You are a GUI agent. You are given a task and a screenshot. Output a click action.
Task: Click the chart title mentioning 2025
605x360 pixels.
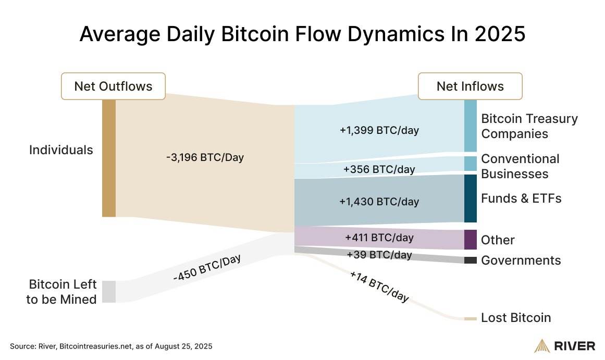[x=302, y=34]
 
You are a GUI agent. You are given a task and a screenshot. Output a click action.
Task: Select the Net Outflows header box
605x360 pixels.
[x=113, y=86]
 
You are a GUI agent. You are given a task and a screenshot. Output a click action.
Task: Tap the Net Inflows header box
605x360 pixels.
[x=470, y=86]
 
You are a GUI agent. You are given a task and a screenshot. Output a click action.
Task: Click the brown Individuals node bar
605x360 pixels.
[x=108, y=158]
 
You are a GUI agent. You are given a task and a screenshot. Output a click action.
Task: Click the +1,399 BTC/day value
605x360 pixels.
[x=379, y=130]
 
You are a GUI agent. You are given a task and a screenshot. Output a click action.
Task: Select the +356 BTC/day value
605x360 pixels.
[x=379, y=169]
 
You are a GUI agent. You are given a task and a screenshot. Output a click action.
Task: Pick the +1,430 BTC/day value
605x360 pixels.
[x=379, y=201]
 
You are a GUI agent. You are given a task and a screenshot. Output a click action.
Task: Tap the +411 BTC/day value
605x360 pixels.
[x=379, y=238]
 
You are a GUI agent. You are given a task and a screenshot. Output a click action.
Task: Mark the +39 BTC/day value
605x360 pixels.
[x=379, y=255]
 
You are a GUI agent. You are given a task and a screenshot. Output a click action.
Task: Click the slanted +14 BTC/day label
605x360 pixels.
[x=379, y=287]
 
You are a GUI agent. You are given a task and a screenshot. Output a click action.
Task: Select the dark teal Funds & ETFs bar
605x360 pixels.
[x=471, y=198]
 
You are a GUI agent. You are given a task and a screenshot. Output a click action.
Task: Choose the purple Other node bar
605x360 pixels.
[x=471, y=240]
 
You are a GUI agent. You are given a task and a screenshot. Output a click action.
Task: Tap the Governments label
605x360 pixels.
[x=521, y=260]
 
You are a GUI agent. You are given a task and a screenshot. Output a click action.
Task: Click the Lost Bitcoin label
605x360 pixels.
[x=515, y=318]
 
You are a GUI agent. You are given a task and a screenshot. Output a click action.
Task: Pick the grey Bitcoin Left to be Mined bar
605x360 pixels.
[x=108, y=291]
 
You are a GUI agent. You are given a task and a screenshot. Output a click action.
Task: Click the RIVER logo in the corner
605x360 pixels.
[x=565, y=346]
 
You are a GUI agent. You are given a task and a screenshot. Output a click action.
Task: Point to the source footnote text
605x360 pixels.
[x=111, y=346]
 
